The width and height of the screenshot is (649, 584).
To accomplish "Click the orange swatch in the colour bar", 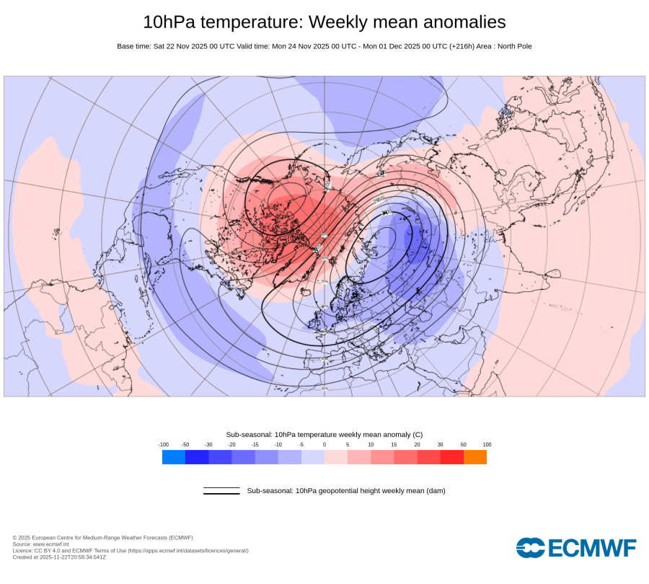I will [x=474, y=457].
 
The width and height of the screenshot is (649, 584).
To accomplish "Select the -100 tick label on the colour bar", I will [x=164, y=445].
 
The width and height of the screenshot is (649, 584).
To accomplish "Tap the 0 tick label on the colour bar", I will [x=324, y=445].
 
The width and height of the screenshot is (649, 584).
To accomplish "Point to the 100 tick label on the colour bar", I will [x=487, y=445].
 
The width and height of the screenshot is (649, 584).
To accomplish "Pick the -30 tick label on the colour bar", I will [x=208, y=445].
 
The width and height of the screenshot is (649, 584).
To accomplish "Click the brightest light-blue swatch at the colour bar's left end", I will [x=174, y=457].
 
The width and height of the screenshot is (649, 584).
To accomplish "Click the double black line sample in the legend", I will [x=221, y=491].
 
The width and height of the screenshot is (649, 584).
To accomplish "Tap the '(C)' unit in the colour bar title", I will [x=417, y=435].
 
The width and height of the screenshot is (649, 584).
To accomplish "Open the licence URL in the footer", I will [x=188, y=551].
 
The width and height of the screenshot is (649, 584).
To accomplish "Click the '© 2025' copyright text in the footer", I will [x=22, y=538].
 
